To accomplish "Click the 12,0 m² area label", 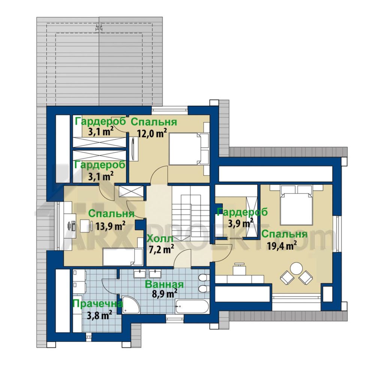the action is tap(152, 133).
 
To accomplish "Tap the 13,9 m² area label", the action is tap(111, 225).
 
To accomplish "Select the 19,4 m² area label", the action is tap(282, 245).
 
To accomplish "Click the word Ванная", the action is tap(164, 284).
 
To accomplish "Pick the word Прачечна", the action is tap(98, 304).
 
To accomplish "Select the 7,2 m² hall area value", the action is tap(161, 249).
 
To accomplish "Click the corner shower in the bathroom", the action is tap(130, 305).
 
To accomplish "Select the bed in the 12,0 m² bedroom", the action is tap(189, 148).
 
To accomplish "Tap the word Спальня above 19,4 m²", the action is tap(284, 234).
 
